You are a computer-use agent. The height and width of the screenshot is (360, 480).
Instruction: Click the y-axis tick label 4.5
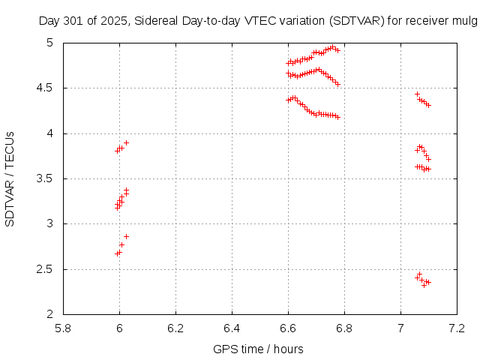tap(46, 88)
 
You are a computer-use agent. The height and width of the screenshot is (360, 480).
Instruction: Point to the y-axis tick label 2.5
tap(46, 269)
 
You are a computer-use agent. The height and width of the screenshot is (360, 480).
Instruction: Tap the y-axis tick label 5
tap(50, 43)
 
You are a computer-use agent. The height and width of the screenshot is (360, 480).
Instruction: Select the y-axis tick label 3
tap(50, 223)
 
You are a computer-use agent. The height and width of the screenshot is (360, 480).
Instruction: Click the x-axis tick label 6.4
tap(232, 328)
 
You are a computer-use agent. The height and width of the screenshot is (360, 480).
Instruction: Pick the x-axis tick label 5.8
tap(63, 328)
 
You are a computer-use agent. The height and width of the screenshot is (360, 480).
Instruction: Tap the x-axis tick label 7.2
tap(457, 328)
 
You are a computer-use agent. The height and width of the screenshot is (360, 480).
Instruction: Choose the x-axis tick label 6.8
tap(344, 328)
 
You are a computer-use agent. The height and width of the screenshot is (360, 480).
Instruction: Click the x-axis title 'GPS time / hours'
tap(259, 349)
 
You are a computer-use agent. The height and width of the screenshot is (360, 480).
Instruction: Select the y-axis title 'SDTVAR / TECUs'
tap(10, 178)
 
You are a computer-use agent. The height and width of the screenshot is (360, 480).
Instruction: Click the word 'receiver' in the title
tap(424, 22)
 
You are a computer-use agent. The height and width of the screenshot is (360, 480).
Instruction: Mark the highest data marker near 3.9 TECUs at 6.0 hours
tap(126, 142)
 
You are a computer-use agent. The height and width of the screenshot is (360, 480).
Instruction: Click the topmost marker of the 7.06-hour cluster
tap(417, 94)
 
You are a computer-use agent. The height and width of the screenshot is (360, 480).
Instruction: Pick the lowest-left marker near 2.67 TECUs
tap(117, 253)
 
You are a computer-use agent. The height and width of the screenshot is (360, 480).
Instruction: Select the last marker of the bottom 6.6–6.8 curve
tap(337, 117)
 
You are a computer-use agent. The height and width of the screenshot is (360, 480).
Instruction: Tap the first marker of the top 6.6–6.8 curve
tap(288, 64)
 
